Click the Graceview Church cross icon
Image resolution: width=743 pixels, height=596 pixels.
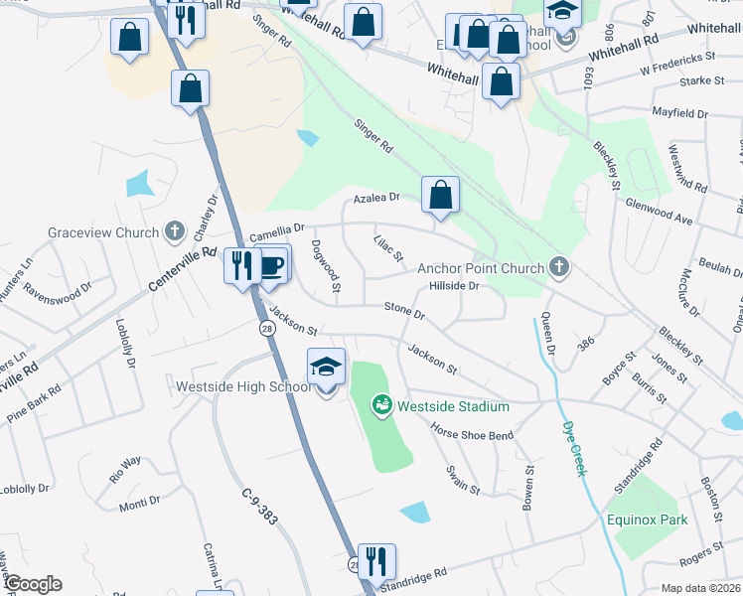pyautogui.click(x=175, y=232)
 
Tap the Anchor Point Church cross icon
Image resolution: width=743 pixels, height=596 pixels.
pyautogui.click(x=559, y=267)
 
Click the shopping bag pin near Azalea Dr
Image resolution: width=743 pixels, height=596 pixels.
pyautogui.click(x=440, y=196)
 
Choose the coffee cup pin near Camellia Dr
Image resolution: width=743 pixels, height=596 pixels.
pyautogui.click(x=273, y=264)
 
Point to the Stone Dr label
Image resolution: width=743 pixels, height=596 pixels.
pyautogui.click(x=404, y=312)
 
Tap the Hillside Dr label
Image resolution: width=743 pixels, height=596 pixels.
pyautogui.click(x=454, y=287)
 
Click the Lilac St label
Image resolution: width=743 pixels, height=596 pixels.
pyautogui.click(x=388, y=248)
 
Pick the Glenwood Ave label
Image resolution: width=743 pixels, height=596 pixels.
pyautogui.click(x=660, y=208)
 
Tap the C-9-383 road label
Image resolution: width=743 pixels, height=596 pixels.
pyautogui.click(x=257, y=507)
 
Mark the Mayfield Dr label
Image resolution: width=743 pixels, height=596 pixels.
pyautogui.click(x=679, y=114)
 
